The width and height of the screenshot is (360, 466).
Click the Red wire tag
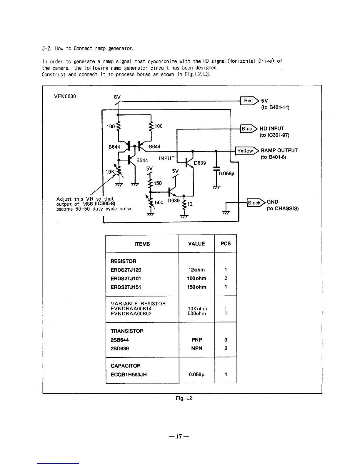(249, 101)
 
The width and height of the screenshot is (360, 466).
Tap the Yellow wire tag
(246, 151)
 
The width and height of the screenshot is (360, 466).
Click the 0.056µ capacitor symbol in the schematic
(216, 170)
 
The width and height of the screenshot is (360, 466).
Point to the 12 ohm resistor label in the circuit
(190, 204)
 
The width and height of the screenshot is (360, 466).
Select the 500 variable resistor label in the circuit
(159, 202)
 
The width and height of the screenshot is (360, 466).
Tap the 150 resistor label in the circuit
(158, 183)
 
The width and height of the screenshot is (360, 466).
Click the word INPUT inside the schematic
(167, 158)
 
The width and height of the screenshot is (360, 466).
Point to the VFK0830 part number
(65, 96)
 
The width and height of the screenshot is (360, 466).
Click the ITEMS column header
(142, 244)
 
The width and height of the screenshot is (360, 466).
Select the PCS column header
(226, 244)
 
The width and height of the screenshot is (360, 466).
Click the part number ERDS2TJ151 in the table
(126, 287)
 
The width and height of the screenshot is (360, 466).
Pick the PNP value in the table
(197, 339)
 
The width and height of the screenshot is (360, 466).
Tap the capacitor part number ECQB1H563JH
(129, 375)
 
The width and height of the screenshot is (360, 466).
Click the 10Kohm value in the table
(197, 309)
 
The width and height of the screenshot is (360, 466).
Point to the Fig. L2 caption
(184, 398)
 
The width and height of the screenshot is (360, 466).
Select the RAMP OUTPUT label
(279, 150)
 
